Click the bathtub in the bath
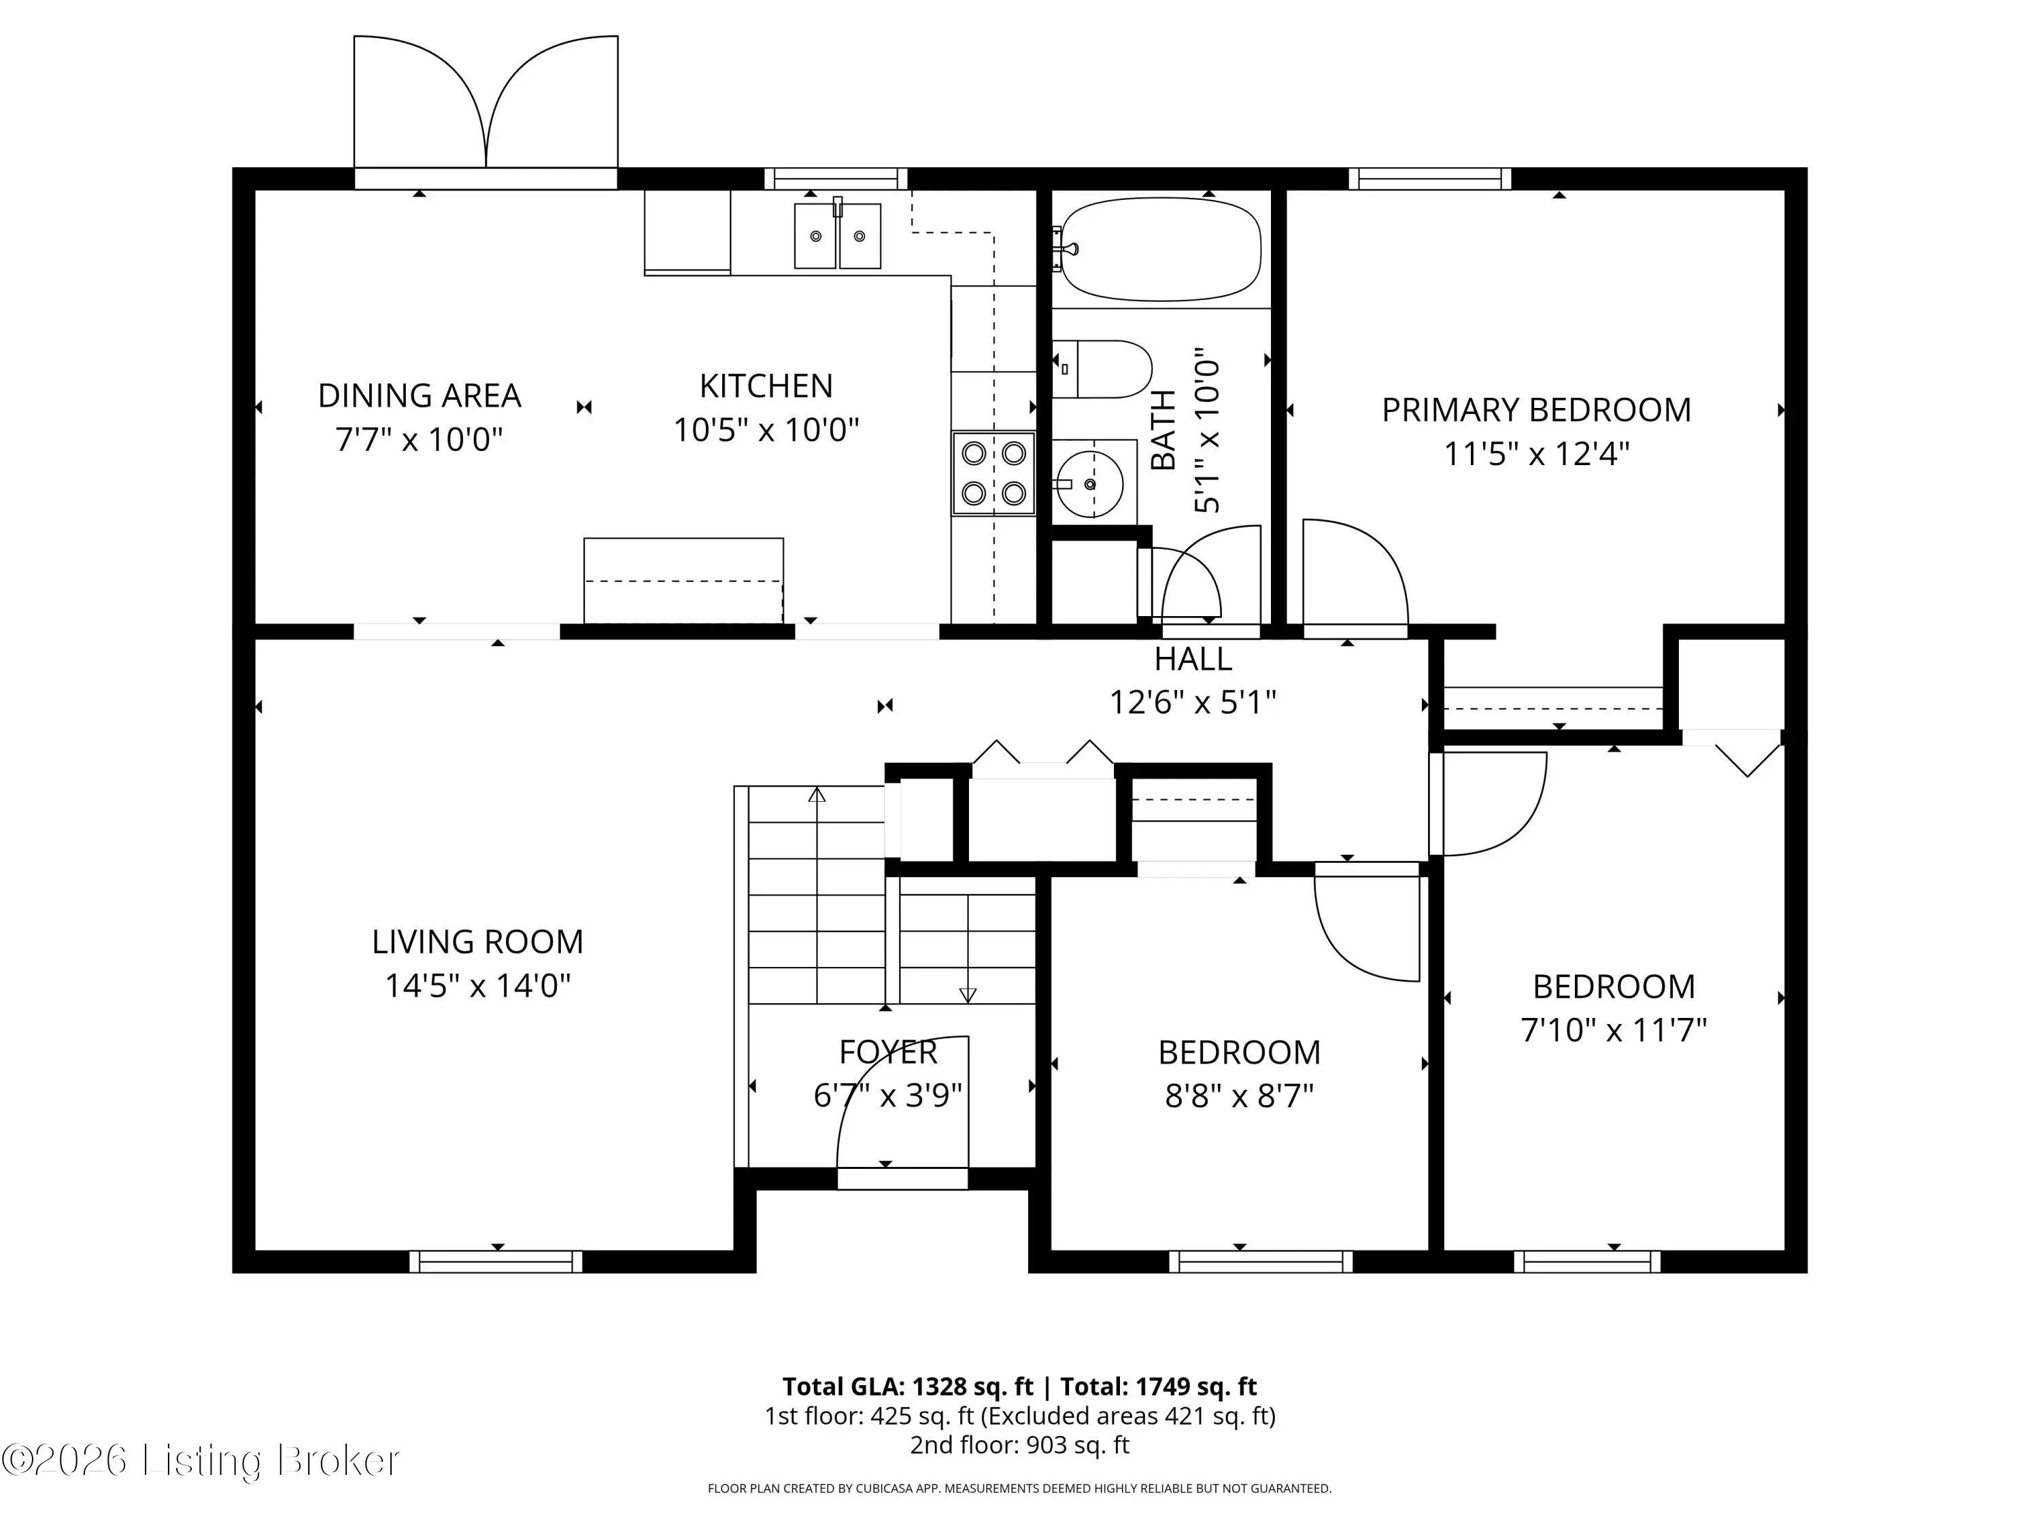[x=1160, y=249]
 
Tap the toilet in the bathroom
[x=1102, y=369]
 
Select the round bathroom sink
[x=1090, y=484]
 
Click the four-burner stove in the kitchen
[x=993, y=474]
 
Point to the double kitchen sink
[x=837, y=236]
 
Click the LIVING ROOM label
[x=478, y=942]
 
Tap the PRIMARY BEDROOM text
[x=1536, y=409]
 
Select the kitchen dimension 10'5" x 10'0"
[x=766, y=430]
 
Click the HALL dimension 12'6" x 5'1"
[x=1193, y=702]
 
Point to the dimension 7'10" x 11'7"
[x=1614, y=1030]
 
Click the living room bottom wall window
[x=496, y=1261]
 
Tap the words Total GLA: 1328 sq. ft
[x=908, y=1386]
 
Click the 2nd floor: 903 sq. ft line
[x=1020, y=1444]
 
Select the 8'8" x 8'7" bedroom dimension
[x=1240, y=1095]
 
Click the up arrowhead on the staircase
[x=817, y=795]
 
